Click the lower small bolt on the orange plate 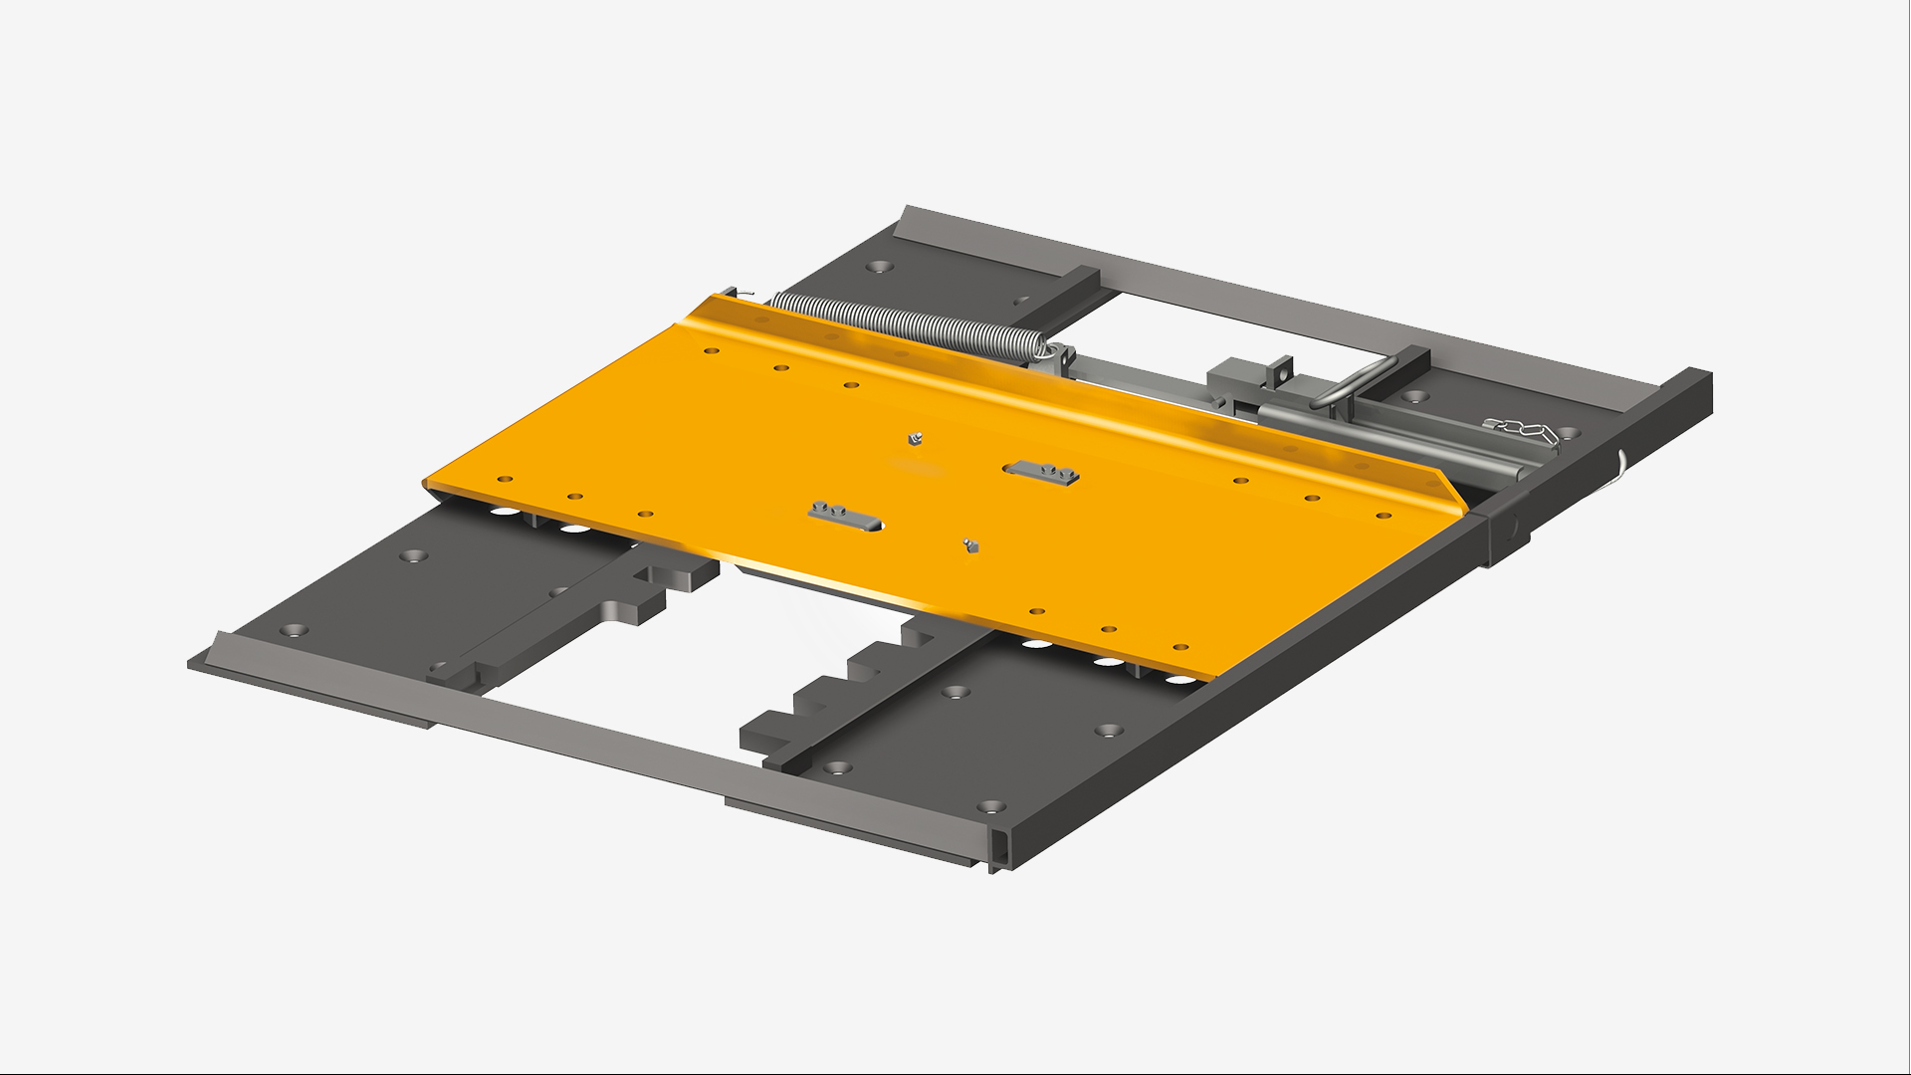click(x=969, y=543)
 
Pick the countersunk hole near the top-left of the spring click(x=878, y=267)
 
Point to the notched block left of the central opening click(x=637, y=597)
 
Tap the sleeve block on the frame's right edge click(x=1508, y=533)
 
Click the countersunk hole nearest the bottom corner click(x=987, y=805)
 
